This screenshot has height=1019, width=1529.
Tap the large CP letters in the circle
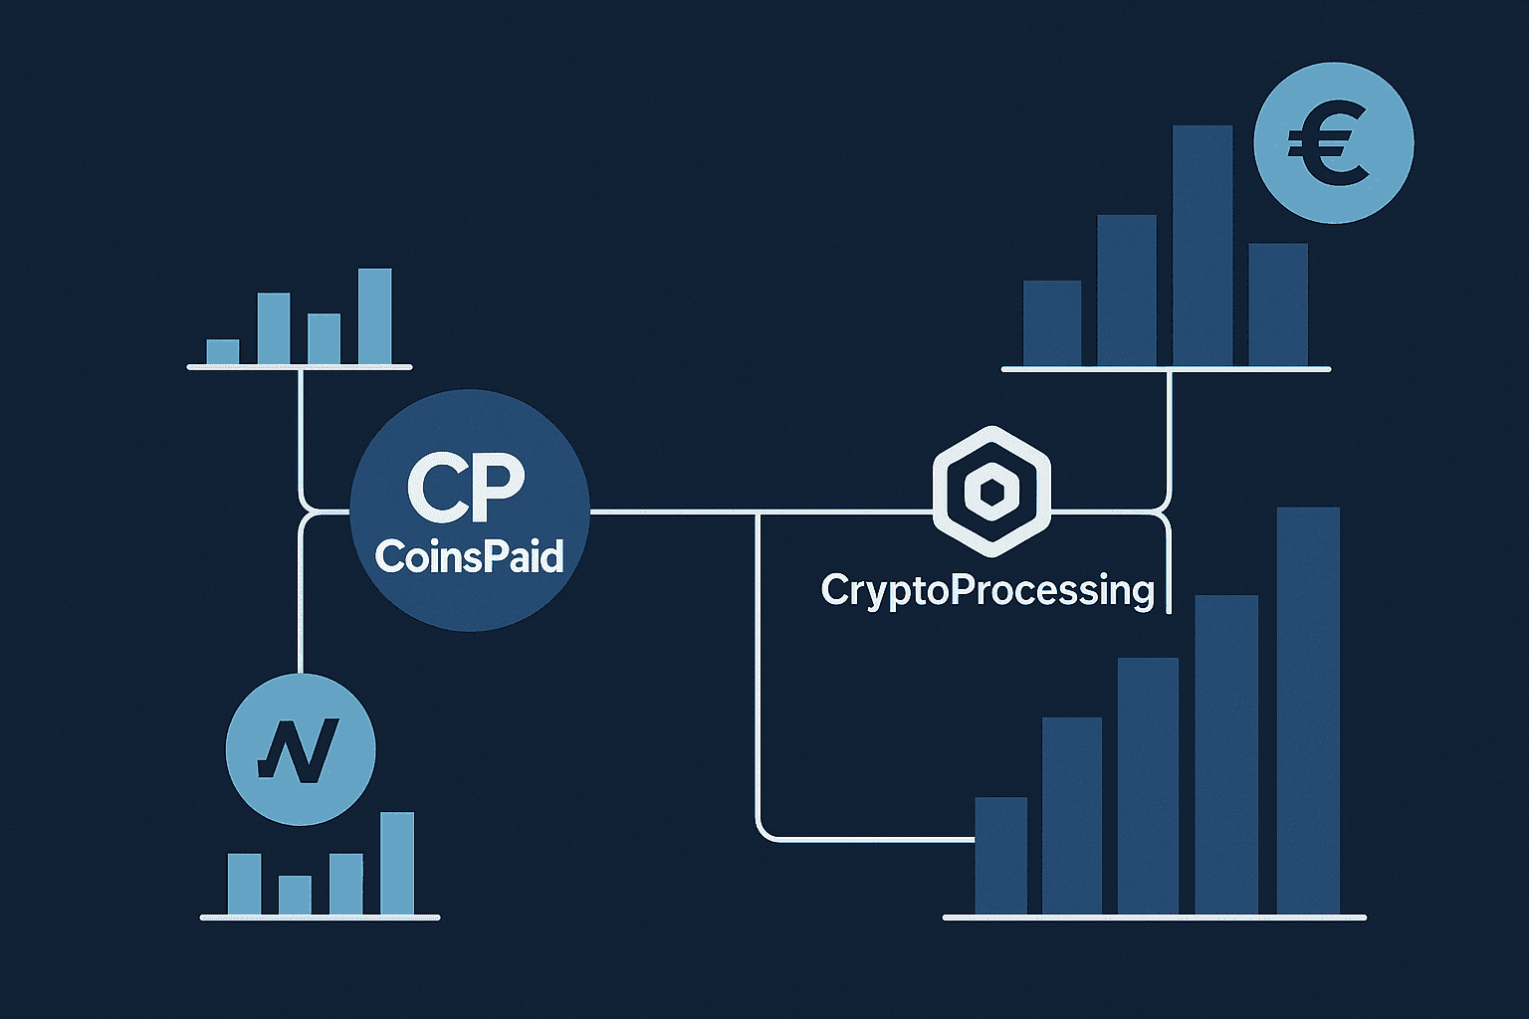tap(466, 488)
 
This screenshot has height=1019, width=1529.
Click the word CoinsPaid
tap(469, 556)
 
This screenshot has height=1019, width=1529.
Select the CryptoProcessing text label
tap(987, 590)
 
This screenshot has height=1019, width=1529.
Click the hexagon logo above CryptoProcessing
tap(991, 491)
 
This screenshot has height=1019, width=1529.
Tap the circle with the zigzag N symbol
tap(301, 749)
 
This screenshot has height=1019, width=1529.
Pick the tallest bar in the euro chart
tap(1201, 245)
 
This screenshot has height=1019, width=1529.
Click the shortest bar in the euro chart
tap(1052, 322)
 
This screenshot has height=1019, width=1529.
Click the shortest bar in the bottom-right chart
tap(1000, 855)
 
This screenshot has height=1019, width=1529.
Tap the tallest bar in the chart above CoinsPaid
tap(374, 315)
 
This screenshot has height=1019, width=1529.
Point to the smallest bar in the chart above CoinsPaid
tap(223, 352)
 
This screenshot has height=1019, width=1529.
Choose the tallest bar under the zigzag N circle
tap(396, 863)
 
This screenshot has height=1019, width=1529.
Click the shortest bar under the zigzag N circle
tap(295, 895)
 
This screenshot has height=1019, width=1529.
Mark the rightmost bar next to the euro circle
tap(1277, 305)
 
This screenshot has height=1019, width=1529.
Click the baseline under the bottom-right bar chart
tap(1154, 917)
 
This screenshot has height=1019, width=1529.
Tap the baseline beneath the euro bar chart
tap(1165, 369)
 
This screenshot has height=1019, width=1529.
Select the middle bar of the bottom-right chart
tap(1148, 785)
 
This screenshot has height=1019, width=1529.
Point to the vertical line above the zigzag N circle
tap(300, 597)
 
